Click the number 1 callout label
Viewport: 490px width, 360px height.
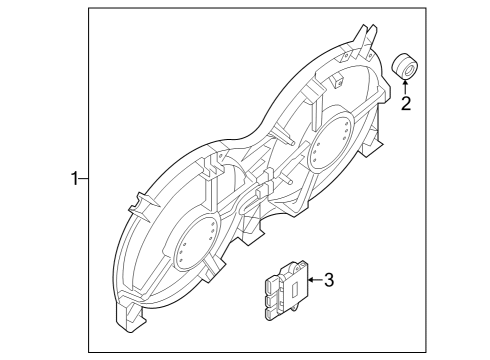pos(73,180)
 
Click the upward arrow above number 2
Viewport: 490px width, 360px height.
pos(405,85)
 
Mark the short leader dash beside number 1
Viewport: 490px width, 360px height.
pos(83,180)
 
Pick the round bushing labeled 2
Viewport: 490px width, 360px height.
pos(405,65)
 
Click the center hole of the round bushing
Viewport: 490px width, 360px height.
pos(408,66)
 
